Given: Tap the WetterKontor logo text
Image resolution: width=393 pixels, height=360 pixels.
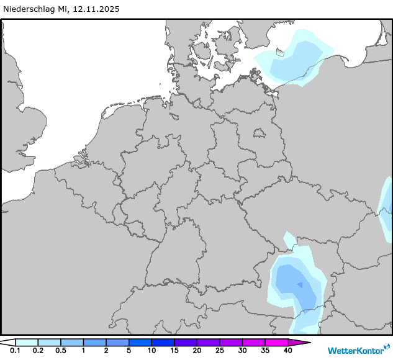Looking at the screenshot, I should click(355, 351).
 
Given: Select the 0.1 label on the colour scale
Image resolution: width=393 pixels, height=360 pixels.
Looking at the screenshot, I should click(16, 351).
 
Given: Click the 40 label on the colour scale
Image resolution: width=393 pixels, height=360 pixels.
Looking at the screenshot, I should click(287, 351).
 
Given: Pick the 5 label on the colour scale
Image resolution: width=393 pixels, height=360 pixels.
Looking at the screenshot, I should click(129, 351).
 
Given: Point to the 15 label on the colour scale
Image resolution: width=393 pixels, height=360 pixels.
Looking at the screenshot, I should click(174, 351).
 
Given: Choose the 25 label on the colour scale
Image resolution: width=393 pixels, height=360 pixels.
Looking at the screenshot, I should click(219, 351).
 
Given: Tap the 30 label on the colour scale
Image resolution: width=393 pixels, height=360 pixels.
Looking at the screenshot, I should click(242, 351).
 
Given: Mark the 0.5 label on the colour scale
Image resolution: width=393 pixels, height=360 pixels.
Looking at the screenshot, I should click(61, 351).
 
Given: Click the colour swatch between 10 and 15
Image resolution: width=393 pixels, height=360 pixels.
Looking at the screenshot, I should click(163, 342).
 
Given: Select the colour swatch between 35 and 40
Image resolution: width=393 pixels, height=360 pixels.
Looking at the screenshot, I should click(276, 342).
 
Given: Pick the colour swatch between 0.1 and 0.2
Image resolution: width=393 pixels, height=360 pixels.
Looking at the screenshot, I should click(27, 342).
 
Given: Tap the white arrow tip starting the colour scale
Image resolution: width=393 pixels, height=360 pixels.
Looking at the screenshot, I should click(9, 342).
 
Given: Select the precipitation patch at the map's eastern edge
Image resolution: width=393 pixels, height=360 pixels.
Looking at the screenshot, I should click(387, 208).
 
